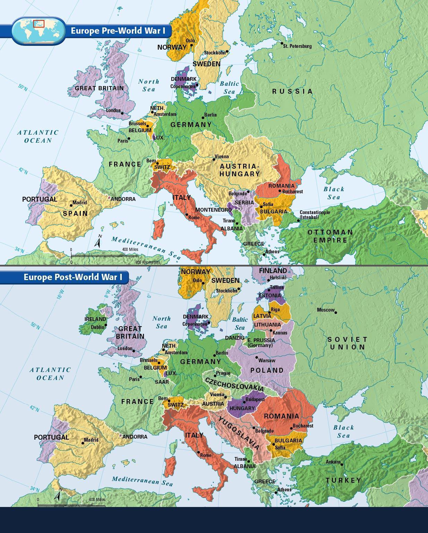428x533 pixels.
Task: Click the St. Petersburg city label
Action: pyautogui.click(x=297, y=46)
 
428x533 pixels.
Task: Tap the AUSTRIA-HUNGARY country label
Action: pyautogui.click(x=240, y=170)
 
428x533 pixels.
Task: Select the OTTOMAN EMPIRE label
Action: pyautogui.click(x=330, y=236)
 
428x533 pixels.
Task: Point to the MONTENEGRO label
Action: pyautogui.click(x=213, y=210)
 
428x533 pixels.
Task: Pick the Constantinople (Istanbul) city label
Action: pyautogui.click(x=315, y=215)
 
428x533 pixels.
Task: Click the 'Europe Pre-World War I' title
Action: pyautogui.click(x=118, y=31)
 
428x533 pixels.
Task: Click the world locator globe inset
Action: pyautogui.click(x=38, y=31)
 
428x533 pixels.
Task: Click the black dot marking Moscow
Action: pyautogui.click(x=336, y=312)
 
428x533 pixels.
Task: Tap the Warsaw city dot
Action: pyautogui.click(x=257, y=357)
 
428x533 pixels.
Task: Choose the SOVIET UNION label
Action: pyautogui.click(x=347, y=343)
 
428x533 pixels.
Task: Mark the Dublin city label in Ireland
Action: pyautogui.click(x=97, y=327)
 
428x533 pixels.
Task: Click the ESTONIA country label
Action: pyautogui.click(x=269, y=296)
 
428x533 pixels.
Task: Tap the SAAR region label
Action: pyautogui.click(x=162, y=382)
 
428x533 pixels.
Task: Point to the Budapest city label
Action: pyautogui.click(x=255, y=399)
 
